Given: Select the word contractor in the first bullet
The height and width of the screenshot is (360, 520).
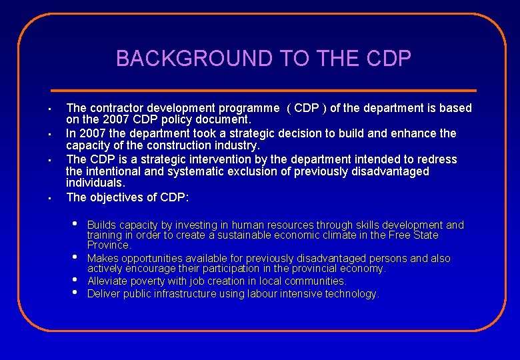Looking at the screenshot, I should [116, 108].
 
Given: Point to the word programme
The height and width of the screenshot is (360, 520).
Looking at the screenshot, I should [246, 108].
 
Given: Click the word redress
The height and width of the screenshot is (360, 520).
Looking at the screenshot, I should [437, 159].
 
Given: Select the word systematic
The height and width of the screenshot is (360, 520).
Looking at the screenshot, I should [199, 171].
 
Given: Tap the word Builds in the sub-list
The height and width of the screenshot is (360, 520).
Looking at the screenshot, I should [101, 225].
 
